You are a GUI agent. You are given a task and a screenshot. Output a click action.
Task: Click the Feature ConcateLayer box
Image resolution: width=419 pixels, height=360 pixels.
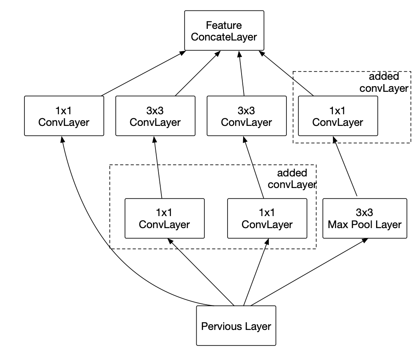click(224, 31)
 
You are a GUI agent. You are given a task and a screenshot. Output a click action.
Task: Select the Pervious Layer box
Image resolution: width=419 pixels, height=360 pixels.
click(236, 326)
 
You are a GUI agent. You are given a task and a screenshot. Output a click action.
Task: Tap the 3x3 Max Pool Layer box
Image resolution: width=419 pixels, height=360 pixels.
click(364, 218)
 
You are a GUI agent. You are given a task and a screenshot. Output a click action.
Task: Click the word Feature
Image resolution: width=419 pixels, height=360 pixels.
click(224, 26)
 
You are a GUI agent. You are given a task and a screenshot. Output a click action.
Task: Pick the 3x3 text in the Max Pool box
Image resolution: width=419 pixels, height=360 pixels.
click(364, 212)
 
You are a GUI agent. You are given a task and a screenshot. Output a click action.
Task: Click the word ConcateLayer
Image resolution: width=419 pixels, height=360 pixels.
click(224, 37)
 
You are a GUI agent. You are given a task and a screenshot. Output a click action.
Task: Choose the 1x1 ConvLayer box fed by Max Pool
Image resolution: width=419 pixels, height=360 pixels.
click(337, 115)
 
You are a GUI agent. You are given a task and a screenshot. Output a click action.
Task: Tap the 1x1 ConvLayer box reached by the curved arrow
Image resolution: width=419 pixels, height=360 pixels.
click(64, 115)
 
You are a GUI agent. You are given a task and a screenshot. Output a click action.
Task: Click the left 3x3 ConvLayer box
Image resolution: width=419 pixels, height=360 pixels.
click(155, 115)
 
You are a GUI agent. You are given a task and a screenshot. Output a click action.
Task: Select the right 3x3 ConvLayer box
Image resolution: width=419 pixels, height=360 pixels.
click(246, 115)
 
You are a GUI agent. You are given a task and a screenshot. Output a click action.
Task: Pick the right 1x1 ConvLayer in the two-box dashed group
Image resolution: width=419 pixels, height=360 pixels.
click(267, 218)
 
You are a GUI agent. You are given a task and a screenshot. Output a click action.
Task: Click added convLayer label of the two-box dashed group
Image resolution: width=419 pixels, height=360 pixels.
click(292, 179)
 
